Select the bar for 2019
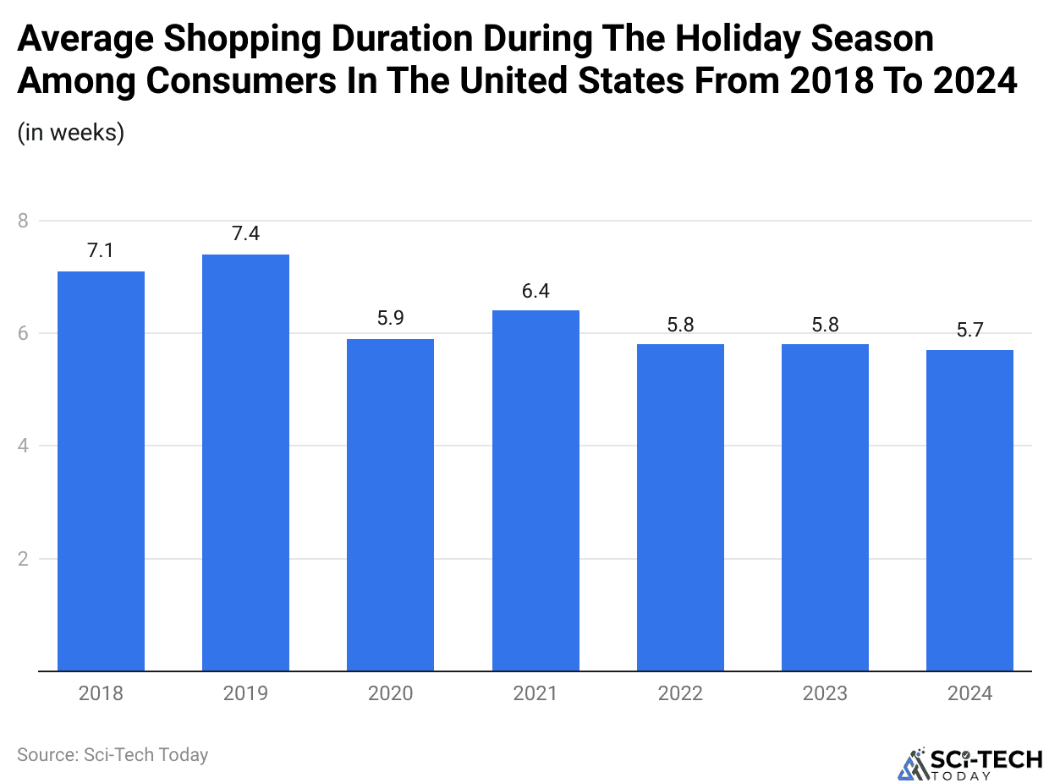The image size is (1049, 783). [245, 463]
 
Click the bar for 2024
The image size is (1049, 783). [969, 511]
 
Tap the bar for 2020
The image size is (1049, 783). [390, 505]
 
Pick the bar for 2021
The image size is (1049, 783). [535, 490]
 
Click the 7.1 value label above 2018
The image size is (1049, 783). [101, 250]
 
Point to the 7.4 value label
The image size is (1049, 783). [245, 233]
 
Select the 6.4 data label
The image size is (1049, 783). [535, 290]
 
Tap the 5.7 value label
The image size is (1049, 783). [969, 330]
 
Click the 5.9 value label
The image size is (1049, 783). [390, 319]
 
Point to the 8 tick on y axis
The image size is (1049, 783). [23, 221]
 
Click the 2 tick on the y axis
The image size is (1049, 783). [23, 559]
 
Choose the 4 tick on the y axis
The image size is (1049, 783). [23, 446]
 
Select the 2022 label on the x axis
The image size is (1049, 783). [680, 694]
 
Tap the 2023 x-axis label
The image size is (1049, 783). [825, 694]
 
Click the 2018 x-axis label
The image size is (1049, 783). [101, 694]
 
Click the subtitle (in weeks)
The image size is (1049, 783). [71, 133]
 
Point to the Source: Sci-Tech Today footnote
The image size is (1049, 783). [113, 754]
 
